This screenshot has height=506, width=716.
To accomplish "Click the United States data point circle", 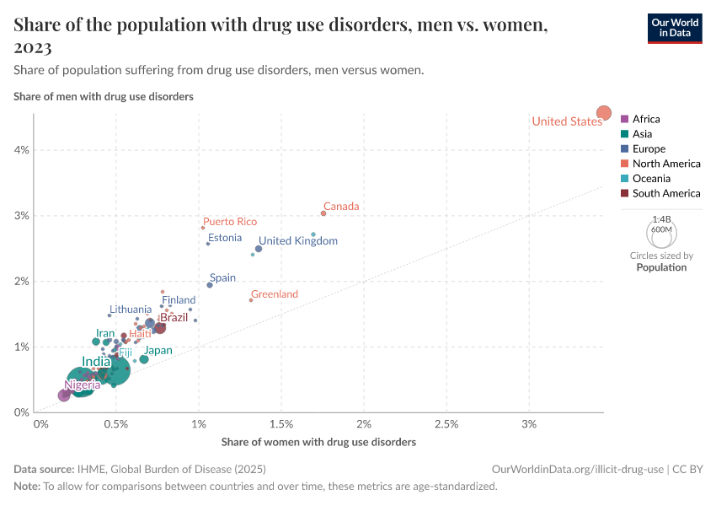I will coord(604,113).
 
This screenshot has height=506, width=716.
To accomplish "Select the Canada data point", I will coord(323,213).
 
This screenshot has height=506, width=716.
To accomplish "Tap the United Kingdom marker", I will coord(259,249).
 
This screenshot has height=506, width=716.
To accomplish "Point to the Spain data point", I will coord(210,285).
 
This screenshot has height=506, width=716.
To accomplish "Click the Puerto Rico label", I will coord(230,222).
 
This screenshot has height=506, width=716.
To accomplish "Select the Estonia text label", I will coord(225,238).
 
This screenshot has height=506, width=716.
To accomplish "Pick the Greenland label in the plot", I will coord(275,294).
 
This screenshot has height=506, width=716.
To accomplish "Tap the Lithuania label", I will coord(131,310).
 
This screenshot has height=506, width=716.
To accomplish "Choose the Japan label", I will coord(158,351).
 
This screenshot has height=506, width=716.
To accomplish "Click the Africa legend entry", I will coord(646,119).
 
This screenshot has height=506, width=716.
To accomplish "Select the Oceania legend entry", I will coord(651,179).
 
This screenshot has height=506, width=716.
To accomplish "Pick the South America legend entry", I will coord(666,193).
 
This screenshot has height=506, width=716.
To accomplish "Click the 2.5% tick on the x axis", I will coord(446,423).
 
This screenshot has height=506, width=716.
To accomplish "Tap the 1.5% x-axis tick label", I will coord(281,423).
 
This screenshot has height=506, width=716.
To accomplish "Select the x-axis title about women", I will coord(318,442).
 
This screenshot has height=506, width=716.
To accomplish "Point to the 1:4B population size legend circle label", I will coord(662,218).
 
